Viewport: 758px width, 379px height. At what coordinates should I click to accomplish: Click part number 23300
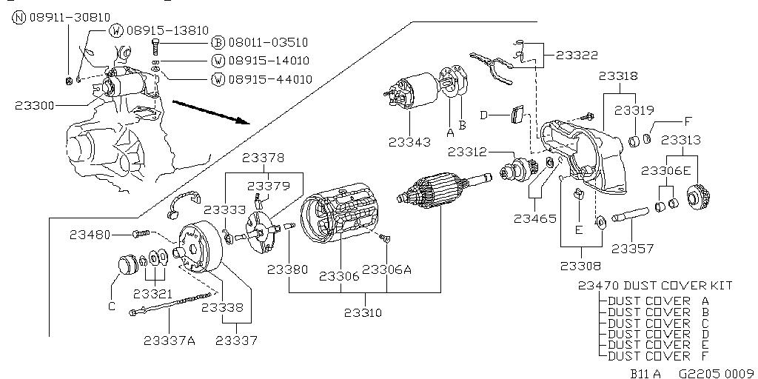coord(34,106)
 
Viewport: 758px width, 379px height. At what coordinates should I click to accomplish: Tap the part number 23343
coord(408,141)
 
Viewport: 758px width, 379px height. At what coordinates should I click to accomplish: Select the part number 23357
coord(632,249)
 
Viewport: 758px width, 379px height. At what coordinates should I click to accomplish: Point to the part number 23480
coord(90,235)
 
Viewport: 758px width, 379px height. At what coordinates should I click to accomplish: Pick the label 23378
coord(264,158)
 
